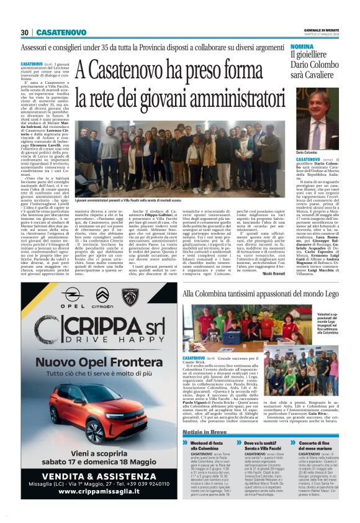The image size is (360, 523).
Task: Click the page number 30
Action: [x=25, y=32]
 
